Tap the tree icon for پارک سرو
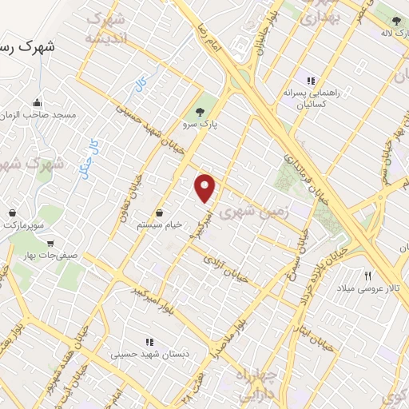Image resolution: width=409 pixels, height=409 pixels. point(199,112)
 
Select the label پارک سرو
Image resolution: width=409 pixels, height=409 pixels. point(198,126)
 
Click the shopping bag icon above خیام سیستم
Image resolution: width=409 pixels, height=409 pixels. point(162,213)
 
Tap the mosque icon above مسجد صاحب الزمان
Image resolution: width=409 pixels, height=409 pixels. point(37,103)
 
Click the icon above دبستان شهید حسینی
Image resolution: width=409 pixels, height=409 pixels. point(149,341)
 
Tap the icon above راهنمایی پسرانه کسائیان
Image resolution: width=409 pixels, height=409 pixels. point(311,81)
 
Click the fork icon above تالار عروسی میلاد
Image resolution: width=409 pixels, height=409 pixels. point(368,275)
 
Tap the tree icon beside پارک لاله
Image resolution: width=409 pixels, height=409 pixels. point(397,21)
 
